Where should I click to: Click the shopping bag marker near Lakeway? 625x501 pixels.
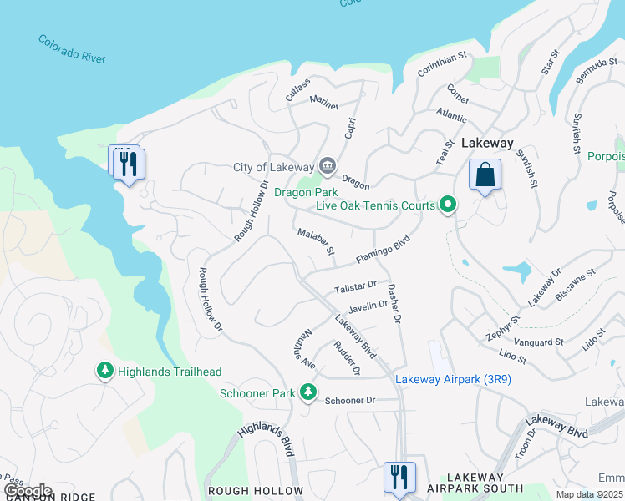(x=485, y=175)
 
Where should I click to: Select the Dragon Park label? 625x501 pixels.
(x=300, y=192)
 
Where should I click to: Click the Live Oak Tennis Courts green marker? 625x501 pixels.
(x=448, y=205)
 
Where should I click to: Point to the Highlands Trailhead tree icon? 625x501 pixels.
(x=105, y=371)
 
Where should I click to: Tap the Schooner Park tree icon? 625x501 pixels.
(x=308, y=392)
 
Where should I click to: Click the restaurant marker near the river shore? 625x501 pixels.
(x=129, y=164)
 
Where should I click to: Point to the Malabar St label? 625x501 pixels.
(x=316, y=240)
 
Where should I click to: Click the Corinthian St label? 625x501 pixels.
(x=441, y=64)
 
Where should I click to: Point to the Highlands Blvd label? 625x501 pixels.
(x=266, y=439)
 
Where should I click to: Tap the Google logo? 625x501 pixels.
(x=28, y=490)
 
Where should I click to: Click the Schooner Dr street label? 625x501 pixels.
(x=351, y=401)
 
